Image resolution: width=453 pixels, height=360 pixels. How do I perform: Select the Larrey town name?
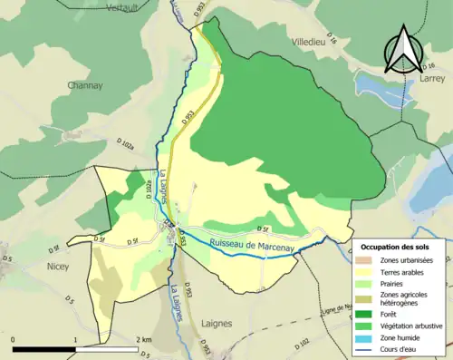tap(432, 79)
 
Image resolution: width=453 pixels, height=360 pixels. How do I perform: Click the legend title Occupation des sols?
tap(396, 247)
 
